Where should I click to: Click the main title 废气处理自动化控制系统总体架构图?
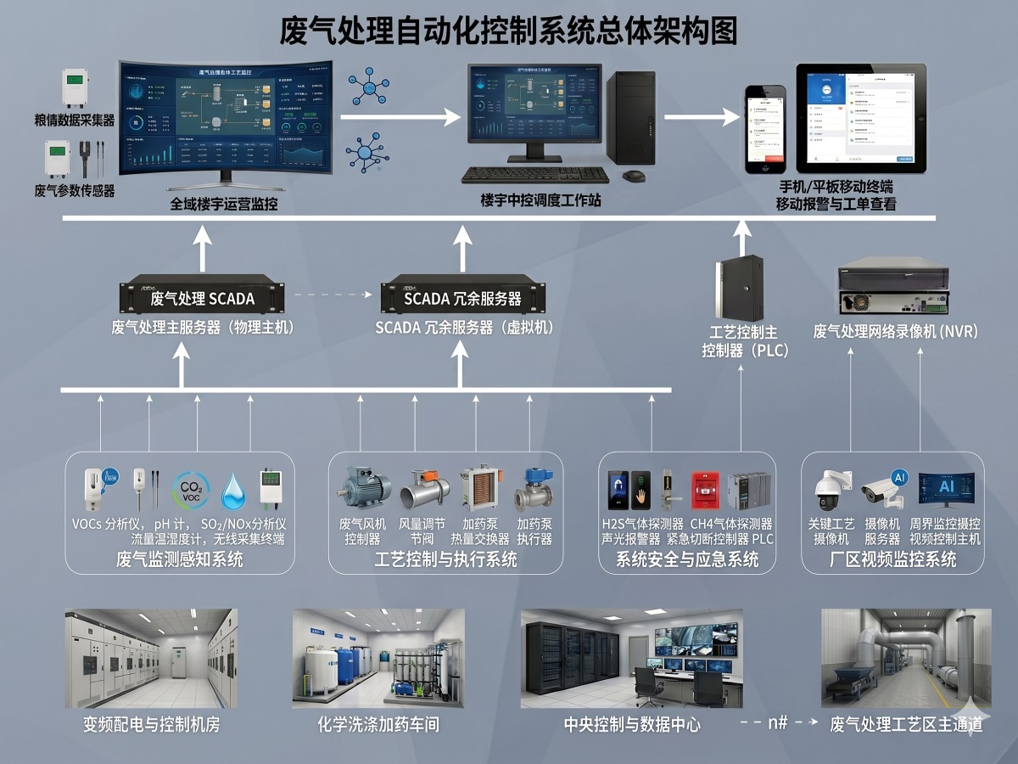pos(509,31)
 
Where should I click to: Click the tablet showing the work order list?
pos(860,118)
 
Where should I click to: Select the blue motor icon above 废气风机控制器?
pos(365,488)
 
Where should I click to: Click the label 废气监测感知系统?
pos(180,559)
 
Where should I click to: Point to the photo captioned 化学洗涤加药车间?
pos(378,658)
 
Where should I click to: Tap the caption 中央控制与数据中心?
pos(632,724)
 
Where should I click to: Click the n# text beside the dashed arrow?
pos(778,722)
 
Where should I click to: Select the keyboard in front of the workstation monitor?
pos(535,175)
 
